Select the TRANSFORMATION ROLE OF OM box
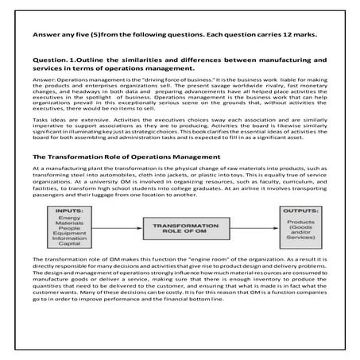179,229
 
